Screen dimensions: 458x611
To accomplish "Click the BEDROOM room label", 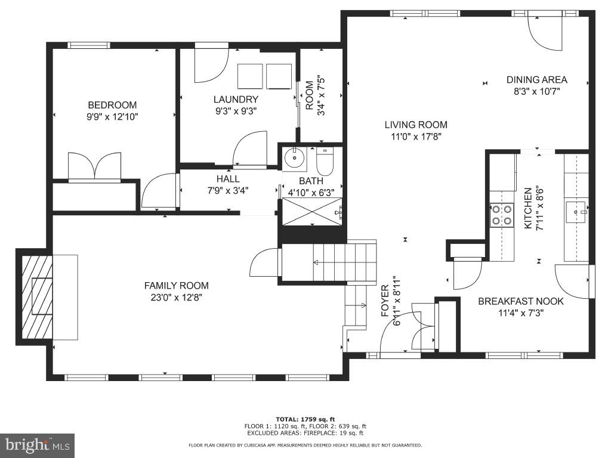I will point(112,105).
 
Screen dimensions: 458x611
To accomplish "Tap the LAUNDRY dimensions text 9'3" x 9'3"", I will point(236,111).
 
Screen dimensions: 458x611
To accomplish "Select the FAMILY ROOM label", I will point(176,286).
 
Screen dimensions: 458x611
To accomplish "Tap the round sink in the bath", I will point(294,159).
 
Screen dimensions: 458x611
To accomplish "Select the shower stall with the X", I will point(311,211).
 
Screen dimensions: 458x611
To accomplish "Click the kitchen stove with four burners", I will point(502,215).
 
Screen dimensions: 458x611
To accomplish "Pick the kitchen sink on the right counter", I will point(576,211).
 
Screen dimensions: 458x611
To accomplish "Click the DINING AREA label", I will point(536,80).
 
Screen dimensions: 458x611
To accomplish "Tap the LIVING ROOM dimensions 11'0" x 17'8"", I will point(415,137).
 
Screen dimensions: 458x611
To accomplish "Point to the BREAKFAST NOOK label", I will point(520,301).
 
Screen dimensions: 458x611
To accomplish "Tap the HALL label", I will point(228,179).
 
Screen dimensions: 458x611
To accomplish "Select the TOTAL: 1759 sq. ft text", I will point(305,419).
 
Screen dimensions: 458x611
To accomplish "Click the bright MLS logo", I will point(37,445).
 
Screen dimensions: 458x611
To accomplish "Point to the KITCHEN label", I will point(528,208).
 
